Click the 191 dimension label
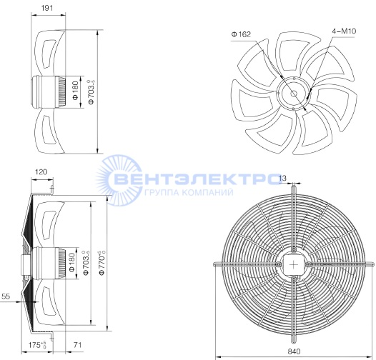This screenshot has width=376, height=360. (46, 8)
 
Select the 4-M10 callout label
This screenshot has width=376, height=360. (344, 31)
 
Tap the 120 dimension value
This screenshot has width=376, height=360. (41, 172)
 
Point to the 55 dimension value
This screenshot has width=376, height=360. (6, 296)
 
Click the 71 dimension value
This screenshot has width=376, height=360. (77, 345)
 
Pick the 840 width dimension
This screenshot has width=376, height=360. (294, 351)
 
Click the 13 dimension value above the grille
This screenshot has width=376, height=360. (283, 178)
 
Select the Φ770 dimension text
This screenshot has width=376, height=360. (102, 263)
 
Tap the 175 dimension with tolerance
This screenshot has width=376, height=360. (37, 345)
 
